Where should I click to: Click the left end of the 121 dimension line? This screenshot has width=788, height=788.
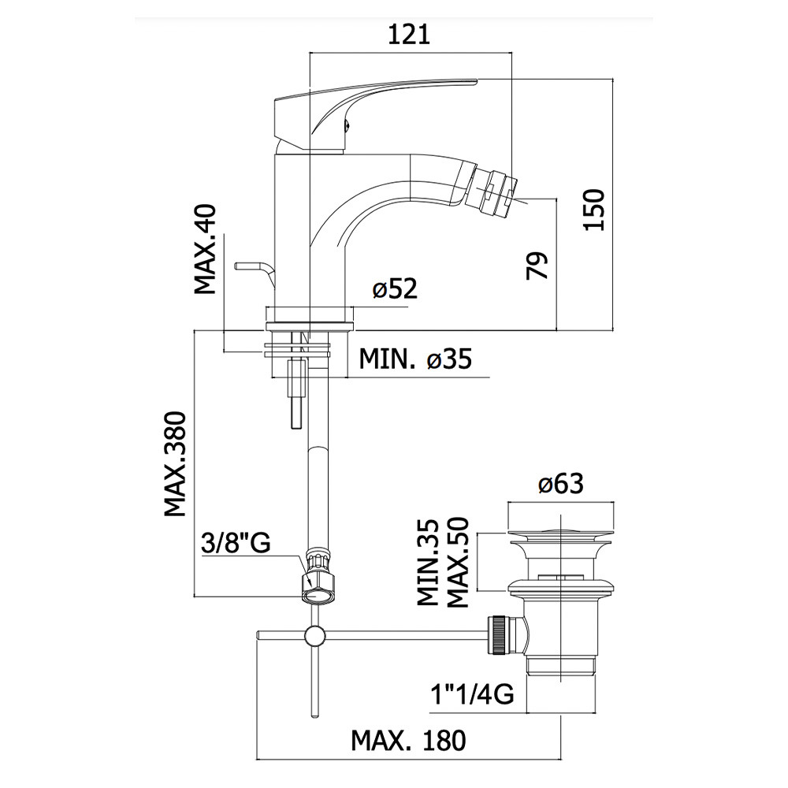click(x=309, y=52)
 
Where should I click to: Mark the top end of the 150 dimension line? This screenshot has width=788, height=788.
click(x=613, y=79)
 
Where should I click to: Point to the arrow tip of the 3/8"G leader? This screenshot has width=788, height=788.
click(x=315, y=585)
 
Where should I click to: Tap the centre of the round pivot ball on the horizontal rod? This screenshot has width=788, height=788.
click(x=315, y=636)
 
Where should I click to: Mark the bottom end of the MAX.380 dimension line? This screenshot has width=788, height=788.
click(x=195, y=597)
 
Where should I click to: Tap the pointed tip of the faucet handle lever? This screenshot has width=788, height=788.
click(x=477, y=80)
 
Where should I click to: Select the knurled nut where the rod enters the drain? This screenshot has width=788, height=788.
click(x=500, y=636)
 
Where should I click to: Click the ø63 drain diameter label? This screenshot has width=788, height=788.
click(x=561, y=484)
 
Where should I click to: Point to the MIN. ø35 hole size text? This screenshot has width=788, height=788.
click(x=415, y=359)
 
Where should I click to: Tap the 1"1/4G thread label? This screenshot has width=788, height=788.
click(x=472, y=695)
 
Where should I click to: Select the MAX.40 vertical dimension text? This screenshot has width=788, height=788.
click(x=205, y=249)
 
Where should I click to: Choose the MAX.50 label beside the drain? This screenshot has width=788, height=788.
click(x=458, y=562)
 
